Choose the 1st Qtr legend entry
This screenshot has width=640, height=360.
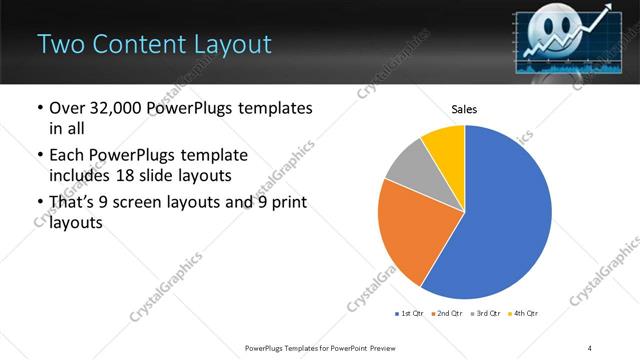pos(411,314)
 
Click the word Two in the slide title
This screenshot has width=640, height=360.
pos(60,44)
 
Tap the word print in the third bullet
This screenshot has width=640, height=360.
pos(289,204)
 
